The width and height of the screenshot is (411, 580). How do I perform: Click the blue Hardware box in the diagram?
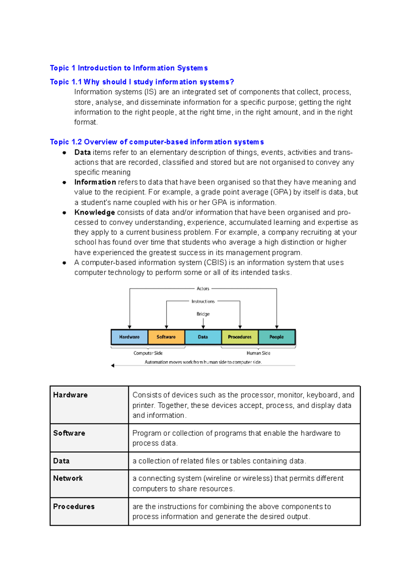tap(129, 337)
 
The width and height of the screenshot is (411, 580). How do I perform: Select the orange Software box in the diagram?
tap(166, 337)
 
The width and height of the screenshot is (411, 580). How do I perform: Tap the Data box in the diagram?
tap(203, 337)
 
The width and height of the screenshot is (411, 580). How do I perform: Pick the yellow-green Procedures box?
tap(240, 337)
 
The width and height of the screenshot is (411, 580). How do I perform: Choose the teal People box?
tap(276, 337)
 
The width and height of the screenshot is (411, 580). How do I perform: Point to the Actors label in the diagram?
tap(203, 289)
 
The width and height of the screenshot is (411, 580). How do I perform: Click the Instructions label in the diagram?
tap(203, 301)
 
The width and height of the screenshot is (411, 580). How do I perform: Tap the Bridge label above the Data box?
tap(203, 314)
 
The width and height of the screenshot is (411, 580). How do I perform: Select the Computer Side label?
tap(148, 353)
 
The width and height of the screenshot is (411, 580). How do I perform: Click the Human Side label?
tap(258, 353)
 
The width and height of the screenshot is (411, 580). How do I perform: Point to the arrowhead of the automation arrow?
tap(113, 366)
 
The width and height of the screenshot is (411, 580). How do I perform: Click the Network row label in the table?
tap(68, 478)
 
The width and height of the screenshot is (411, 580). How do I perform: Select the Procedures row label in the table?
tap(74, 506)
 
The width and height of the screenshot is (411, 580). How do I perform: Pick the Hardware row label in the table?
tap(70, 395)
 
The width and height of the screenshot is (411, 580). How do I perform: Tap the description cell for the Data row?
tap(219, 461)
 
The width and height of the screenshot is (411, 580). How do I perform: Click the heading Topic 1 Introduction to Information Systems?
tap(129, 68)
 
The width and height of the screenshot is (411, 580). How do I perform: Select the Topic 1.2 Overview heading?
tap(157, 142)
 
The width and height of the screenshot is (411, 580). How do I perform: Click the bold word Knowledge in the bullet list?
tap(95, 212)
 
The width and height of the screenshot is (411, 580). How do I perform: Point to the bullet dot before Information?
tap(64, 182)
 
